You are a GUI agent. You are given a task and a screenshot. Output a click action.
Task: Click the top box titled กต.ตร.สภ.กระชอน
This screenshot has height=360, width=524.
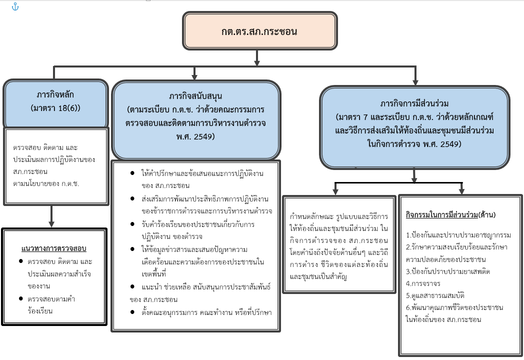[x=259, y=31]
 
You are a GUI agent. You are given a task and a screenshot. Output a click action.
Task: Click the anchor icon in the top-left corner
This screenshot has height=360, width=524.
[x=15, y=6]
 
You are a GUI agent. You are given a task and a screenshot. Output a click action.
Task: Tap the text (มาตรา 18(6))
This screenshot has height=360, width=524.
[x=55, y=107]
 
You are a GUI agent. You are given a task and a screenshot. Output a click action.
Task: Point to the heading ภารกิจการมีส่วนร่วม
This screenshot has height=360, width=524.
[x=414, y=104]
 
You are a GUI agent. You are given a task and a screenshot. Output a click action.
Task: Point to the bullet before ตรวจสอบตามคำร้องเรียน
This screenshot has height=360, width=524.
[x=20, y=299]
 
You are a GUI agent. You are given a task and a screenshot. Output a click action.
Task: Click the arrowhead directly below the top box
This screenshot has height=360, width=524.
[x=257, y=62]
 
